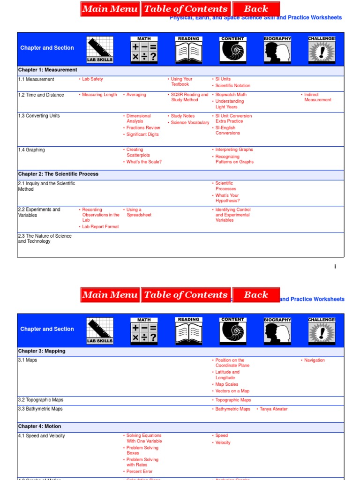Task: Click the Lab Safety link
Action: point(92,79)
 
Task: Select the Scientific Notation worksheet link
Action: point(232,86)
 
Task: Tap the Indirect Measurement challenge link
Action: point(317,97)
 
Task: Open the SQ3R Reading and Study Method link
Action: point(189,97)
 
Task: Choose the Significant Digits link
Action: point(142,135)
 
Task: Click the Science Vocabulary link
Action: point(190,123)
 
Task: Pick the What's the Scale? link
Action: point(144,162)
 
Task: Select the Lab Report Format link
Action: point(100,227)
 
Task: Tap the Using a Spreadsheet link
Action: point(138,212)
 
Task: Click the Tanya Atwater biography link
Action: point(273,409)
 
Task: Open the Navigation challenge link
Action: point(314,360)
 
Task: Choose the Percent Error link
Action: point(139,472)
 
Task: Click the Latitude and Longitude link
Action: point(227,375)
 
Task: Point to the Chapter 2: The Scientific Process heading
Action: point(58,174)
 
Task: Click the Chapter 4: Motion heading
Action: point(39,427)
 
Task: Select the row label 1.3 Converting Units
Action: point(39,116)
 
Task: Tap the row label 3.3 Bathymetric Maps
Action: point(40,409)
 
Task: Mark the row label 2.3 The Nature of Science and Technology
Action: point(45,239)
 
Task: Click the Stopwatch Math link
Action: point(231,95)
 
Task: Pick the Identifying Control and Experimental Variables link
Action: point(232,215)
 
